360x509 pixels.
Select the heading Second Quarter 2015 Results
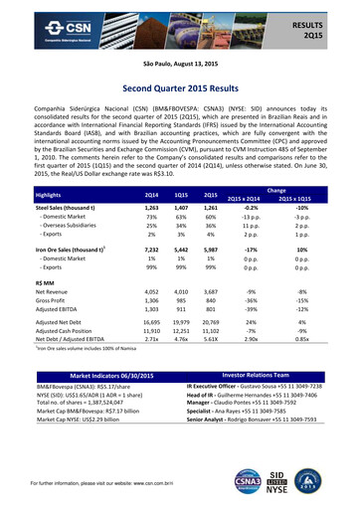click(x=179, y=87)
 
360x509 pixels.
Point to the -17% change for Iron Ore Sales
click(x=254, y=251)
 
